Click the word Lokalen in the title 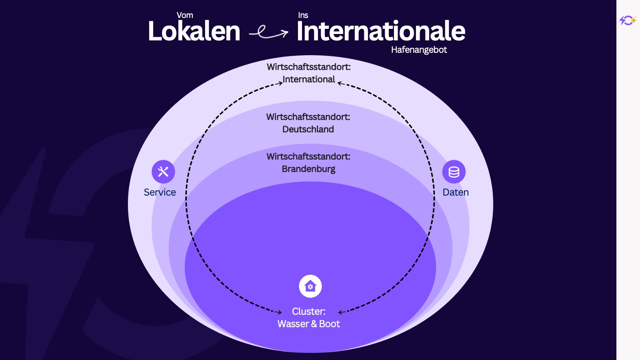tap(194, 31)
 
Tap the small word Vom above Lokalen tap(184, 15)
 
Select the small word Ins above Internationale tap(303, 15)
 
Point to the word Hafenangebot tap(419, 50)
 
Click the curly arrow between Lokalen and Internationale tap(268, 32)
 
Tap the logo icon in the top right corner tap(628, 20)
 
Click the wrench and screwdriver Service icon tap(163, 172)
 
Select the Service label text tap(160, 192)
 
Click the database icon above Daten tap(454, 172)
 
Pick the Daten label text tap(456, 192)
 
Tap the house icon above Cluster tap(310, 286)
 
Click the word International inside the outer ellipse tap(308, 80)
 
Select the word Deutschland tap(308, 130)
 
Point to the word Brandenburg tap(308, 169)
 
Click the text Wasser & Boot tap(308, 324)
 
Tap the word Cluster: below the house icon tap(308, 312)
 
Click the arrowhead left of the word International tap(280, 83)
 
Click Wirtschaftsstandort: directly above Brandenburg tap(308, 156)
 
